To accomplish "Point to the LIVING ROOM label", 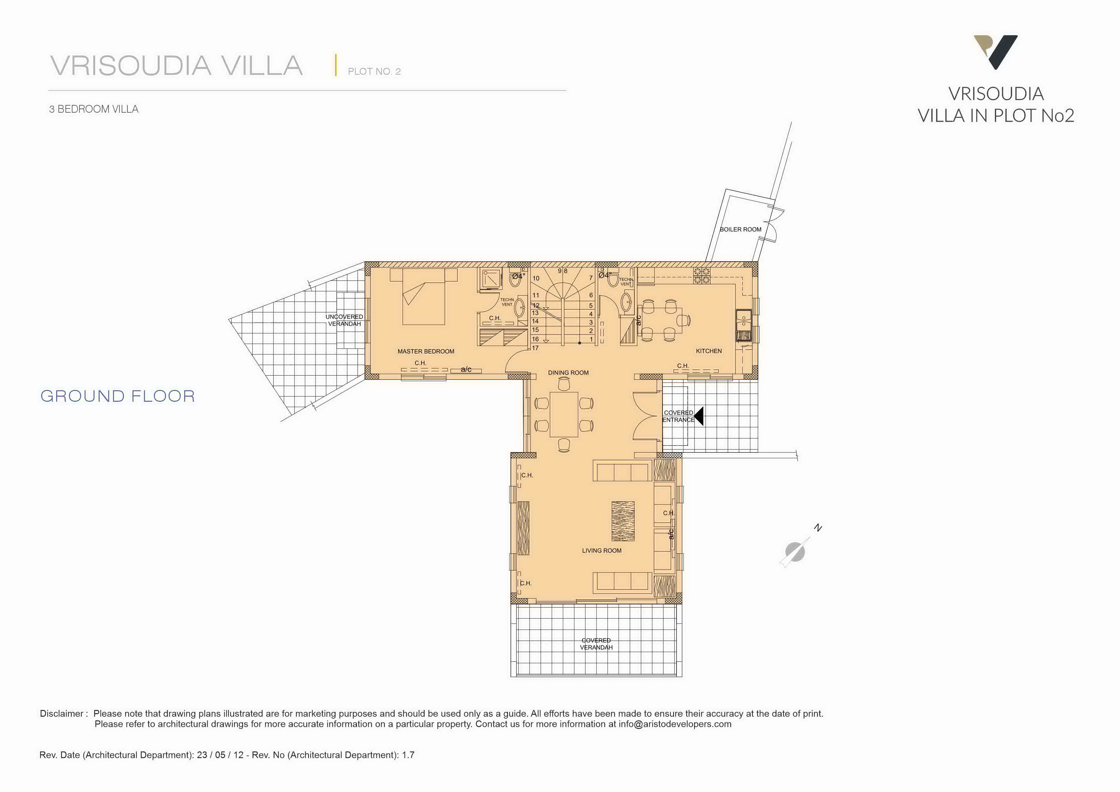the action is click(x=602, y=550).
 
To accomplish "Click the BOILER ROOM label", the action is click(x=740, y=229).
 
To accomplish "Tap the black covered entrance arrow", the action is click(x=699, y=416).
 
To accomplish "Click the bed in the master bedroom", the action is click(x=423, y=296).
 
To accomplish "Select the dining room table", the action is click(x=564, y=414).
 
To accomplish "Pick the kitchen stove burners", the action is click(x=701, y=276).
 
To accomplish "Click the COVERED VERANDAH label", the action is click(x=596, y=644).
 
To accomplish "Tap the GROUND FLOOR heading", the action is click(x=117, y=396).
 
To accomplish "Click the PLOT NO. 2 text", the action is click(x=374, y=72).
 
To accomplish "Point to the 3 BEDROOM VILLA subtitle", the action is click(x=94, y=109).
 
